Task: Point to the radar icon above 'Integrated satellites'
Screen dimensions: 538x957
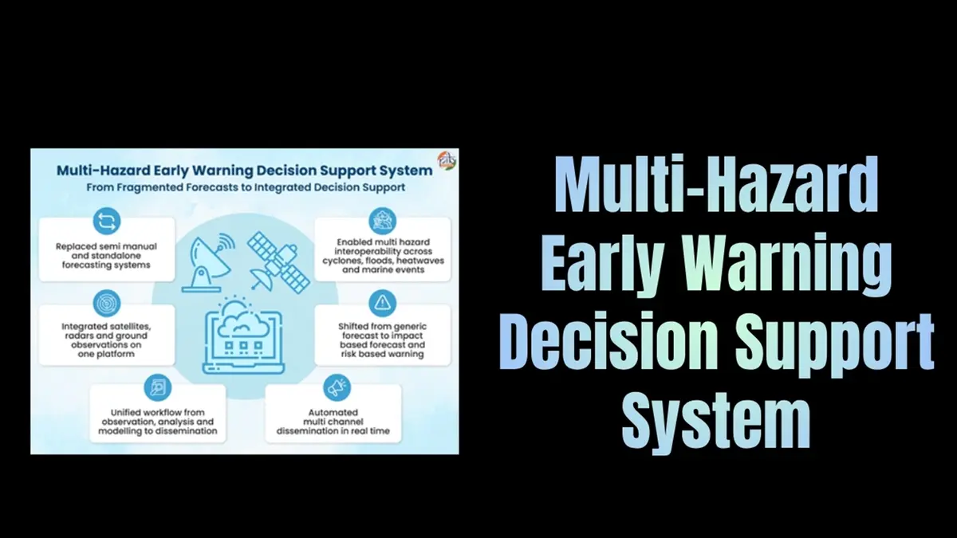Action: [x=106, y=304]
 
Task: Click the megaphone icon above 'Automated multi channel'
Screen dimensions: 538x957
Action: [x=333, y=387]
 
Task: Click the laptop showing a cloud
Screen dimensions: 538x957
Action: [x=242, y=334]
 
